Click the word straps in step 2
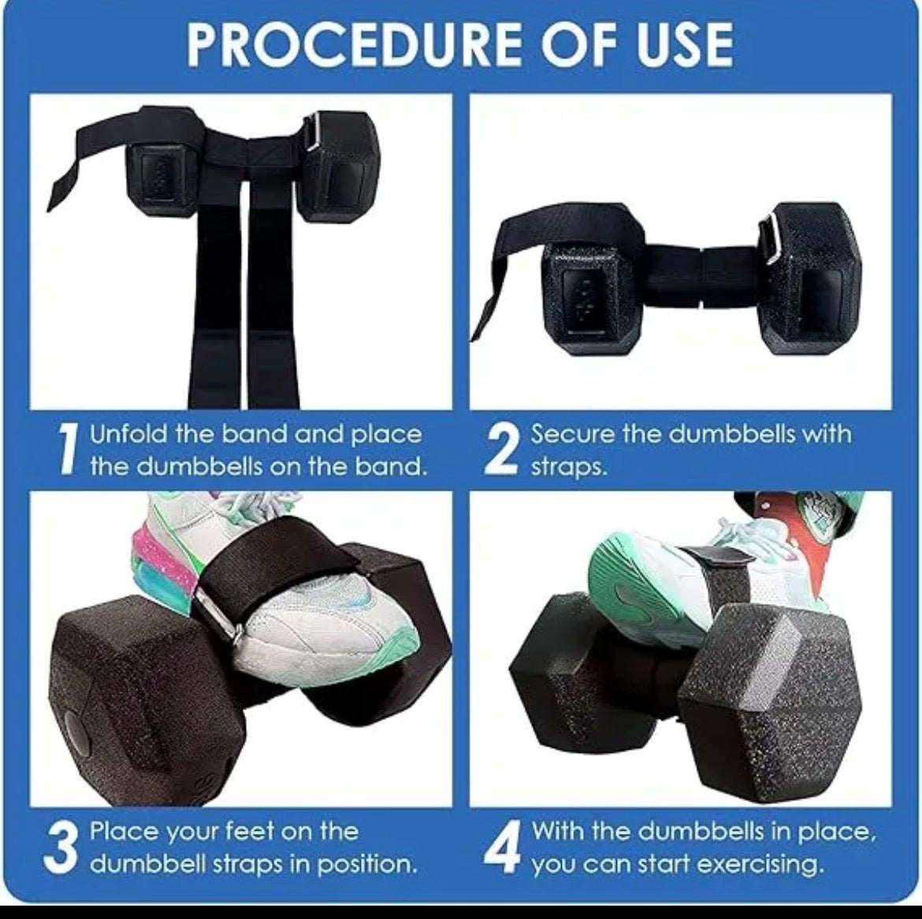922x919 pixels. (568, 466)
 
